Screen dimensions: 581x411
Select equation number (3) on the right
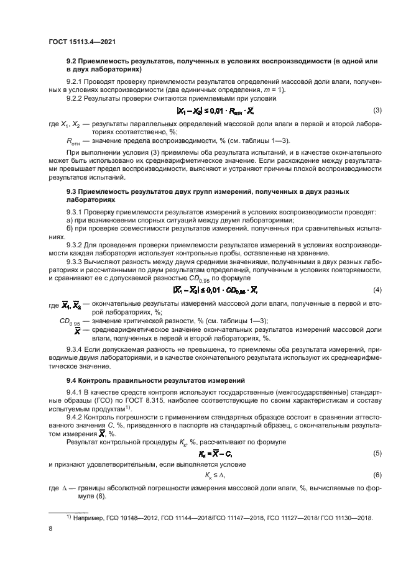[x=377, y=111]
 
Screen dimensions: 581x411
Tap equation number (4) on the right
[x=377, y=273]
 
